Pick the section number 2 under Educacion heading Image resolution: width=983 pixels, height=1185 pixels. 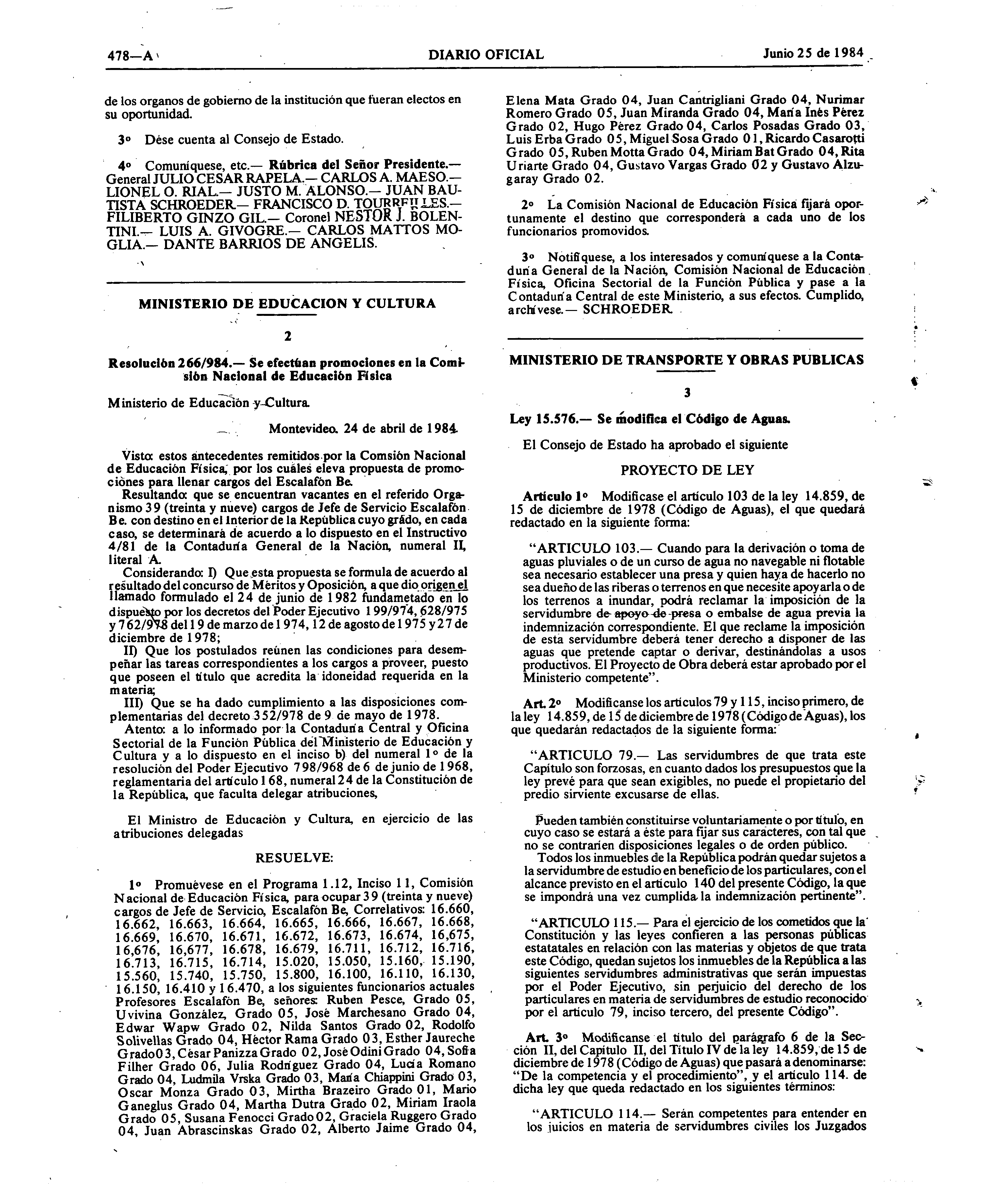click(288, 336)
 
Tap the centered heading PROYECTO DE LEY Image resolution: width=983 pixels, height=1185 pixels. click(687, 470)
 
